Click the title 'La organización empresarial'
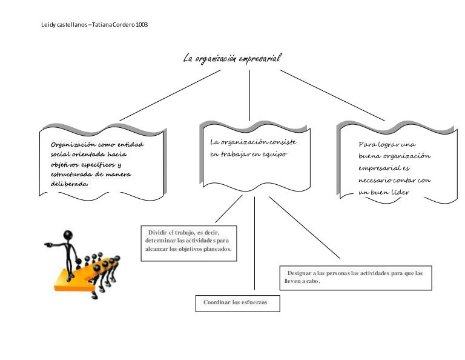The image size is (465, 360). click(x=232, y=58)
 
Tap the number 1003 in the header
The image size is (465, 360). click(x=142, y=25)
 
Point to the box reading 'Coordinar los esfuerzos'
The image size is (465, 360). click(x=237, y=303)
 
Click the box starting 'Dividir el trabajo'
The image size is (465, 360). click(x=189, y=244)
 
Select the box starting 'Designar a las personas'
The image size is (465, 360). click(x=355, y=278)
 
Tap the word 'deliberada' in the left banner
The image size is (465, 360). click(x=70, y=184)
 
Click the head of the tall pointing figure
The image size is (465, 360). click(x=68, y=235)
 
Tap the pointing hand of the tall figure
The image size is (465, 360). click(x=48, y=245)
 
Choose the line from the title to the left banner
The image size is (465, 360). click(x=170, y=96)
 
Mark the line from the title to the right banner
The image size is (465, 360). click(x=332, y=96)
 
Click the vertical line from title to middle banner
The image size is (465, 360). click(x=249, y=96)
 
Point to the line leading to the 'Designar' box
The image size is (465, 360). click(x=305, y=228)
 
